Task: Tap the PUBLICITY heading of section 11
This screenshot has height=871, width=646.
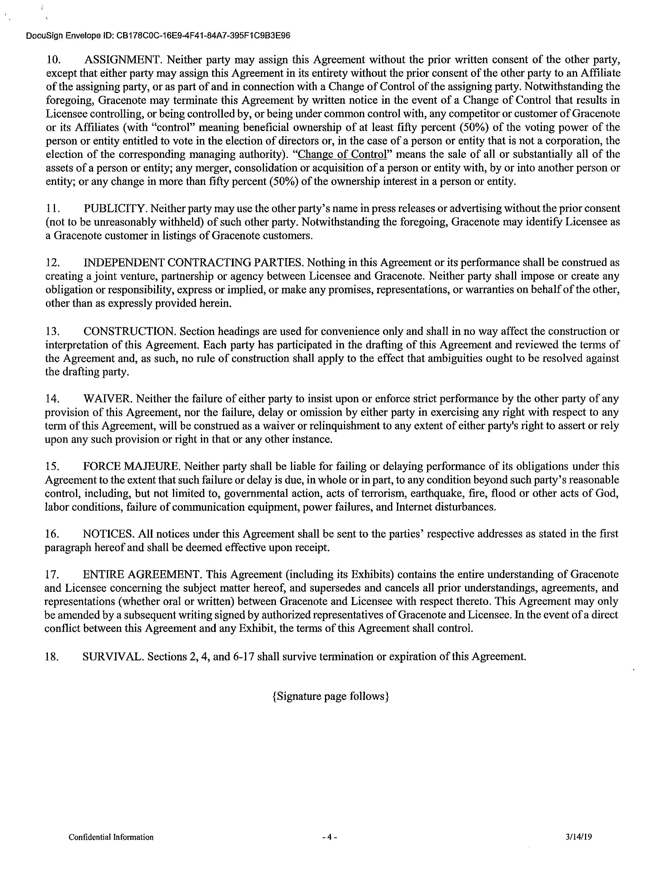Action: pos(116,208)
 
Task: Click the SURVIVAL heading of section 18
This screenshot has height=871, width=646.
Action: pos(113,656)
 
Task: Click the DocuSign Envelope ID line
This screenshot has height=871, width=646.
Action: pos(158,36)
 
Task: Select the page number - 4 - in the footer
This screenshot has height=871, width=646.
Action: pos(329,837)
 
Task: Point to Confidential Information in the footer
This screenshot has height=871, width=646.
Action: pos(111,837)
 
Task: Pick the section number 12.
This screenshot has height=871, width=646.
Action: pos(53,263)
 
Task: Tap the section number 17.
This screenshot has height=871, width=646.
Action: pos(52,575)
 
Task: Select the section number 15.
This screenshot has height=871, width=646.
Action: pos(52,467)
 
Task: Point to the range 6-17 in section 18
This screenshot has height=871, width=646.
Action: pos(243,656)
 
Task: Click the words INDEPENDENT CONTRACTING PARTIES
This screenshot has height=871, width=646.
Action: pos(194,262)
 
